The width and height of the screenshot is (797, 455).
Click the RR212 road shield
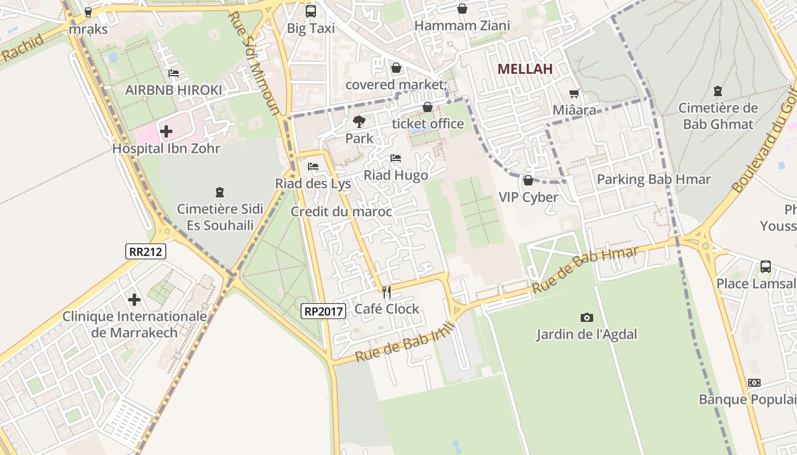tap(146, 251)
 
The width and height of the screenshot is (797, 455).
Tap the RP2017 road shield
tap(323, 311)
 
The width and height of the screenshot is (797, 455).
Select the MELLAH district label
tap(525, 69)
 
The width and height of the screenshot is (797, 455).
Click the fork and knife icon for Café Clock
tap(387, 292)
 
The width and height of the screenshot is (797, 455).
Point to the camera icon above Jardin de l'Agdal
tap(586, 317)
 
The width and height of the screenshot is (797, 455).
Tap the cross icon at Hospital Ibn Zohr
tap(166, 131)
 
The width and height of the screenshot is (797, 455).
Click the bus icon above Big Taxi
tap(311, 11)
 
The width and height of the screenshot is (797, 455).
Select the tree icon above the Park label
tap(359, 121)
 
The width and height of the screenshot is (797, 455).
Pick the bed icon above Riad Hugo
tap(396, 158)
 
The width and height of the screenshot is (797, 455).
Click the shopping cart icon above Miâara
tap(574, 93)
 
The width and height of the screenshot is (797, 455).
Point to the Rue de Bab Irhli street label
tap(405, 342)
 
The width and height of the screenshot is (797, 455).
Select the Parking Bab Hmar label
tap(654, 180)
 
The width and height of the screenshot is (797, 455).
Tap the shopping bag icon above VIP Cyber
tap(528, 180)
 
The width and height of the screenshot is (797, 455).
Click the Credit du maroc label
tap(341, 212)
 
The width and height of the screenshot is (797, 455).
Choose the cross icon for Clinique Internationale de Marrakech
tap(134, 299)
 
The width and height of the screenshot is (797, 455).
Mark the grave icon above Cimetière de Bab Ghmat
tap(717, 91)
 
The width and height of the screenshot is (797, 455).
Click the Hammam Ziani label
tap(462, 26)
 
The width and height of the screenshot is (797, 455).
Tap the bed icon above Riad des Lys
tap(313, 167)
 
